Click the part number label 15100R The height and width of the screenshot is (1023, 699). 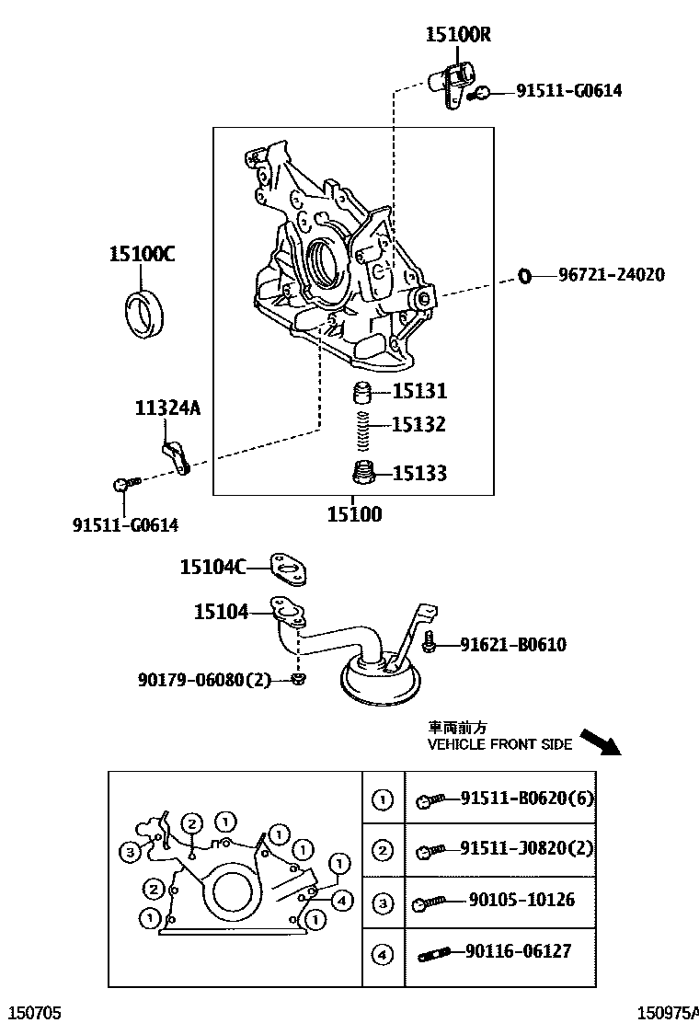coord(457,35)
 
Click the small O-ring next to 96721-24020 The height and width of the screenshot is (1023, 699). coord(524,275)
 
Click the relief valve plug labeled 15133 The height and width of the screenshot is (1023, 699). coord(364,473)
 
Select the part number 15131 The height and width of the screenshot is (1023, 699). coord(419,392)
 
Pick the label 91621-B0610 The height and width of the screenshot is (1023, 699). coord(513,645)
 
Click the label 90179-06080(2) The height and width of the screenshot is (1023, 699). coord(205,680)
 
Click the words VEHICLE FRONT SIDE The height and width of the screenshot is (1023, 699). coord(499,744)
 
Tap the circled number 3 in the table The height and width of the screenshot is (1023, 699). coord(382,903)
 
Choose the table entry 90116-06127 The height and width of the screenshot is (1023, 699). coord(519,952)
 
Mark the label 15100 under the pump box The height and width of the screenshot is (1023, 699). coord(354,514)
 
